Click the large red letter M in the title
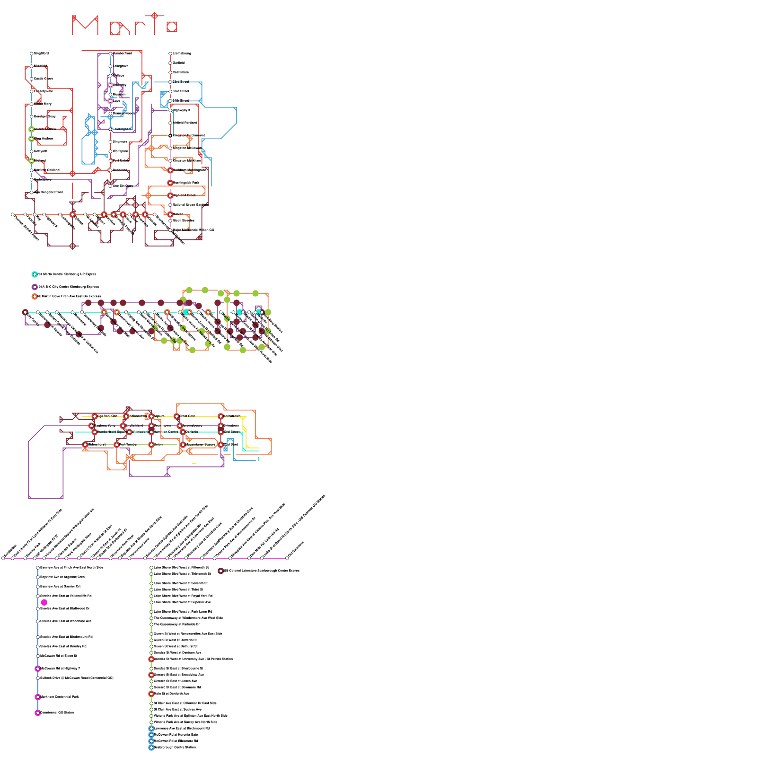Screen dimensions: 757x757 tap(85, 26)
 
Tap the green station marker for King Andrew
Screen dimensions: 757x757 tap(32, 139)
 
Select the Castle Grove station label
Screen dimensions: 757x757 tap(44, 79)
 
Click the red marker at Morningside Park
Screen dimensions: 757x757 tap(170, 183)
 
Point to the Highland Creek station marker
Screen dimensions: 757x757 tap(170, 195)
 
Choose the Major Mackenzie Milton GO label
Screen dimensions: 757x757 tap(193, 230)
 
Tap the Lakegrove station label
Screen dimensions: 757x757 tap(120, 66)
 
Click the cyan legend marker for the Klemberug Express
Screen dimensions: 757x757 tap(35, 274)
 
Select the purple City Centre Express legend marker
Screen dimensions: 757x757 tap(35, 287)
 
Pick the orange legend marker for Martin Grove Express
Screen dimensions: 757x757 tap(35, 297)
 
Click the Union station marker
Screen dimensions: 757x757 tap(151, 445)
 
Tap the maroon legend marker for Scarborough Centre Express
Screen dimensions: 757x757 tap(220, 571)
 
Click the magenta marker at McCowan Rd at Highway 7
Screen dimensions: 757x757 tap(38, 669)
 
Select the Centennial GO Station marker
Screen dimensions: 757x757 tap(38, 713)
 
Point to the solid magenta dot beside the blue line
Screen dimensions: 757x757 tap(44, 602)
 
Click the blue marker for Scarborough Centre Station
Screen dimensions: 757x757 tap(151, 748)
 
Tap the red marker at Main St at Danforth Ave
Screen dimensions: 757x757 tap(151, 694)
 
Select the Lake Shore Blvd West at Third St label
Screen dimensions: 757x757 tap(178, 590)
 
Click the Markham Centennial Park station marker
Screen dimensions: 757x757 tap(38, 697)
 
